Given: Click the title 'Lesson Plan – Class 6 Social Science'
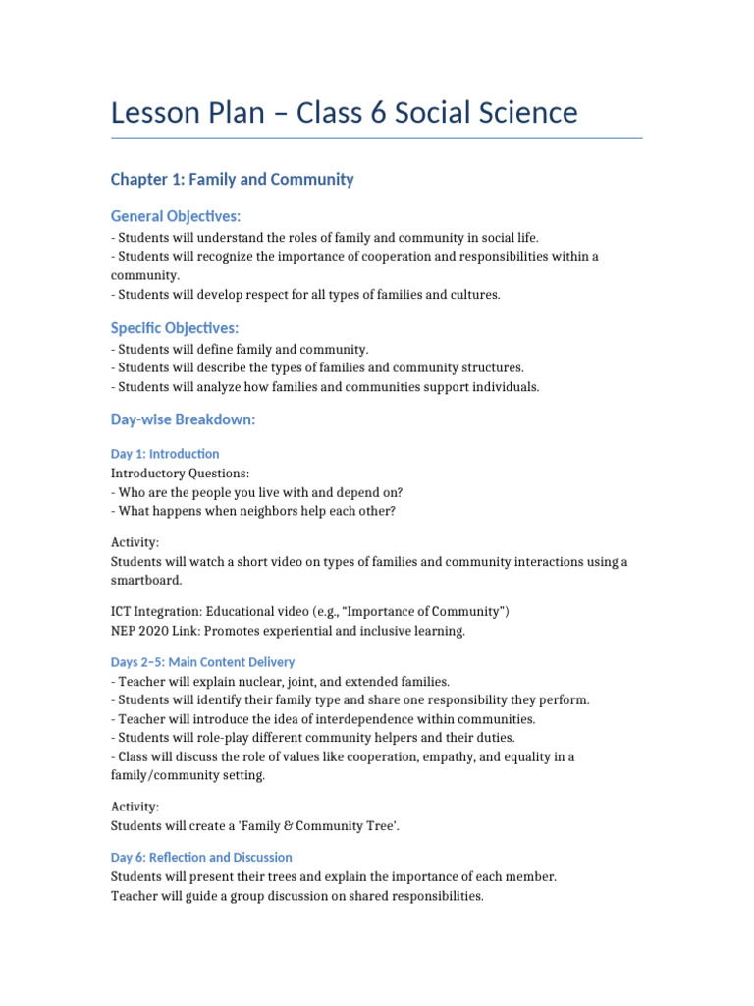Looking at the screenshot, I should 344,113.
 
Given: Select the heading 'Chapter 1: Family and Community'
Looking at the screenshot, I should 232,179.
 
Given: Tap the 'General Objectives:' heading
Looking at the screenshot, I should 176,216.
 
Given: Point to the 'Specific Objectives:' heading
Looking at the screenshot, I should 175,328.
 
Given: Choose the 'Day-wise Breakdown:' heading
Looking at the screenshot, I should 183,419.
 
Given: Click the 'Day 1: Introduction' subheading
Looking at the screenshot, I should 165,454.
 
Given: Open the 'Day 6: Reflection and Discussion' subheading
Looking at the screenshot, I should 201,857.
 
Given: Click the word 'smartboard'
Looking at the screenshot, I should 145,580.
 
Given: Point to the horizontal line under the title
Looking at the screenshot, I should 376,138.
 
